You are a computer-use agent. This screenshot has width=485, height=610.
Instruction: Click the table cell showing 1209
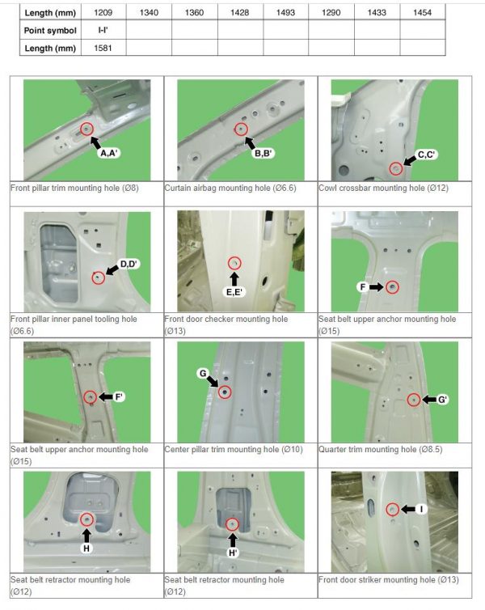tap(103, 13)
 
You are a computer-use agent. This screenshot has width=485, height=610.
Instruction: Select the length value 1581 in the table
tap(103, 47)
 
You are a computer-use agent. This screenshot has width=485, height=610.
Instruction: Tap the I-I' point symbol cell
tap(103, 30)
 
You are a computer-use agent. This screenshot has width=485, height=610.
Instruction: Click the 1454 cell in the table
tap(422, 13)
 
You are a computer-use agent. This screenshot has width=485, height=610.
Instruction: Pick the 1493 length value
tap(285, 13)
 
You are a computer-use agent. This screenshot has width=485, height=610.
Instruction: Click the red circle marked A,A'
tap(86, 129)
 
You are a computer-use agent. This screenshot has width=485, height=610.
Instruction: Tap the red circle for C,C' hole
tap(395, 168)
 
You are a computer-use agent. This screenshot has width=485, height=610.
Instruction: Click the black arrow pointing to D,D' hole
tap(112, 270)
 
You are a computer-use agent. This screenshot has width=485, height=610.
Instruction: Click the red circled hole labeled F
tap(392, 286)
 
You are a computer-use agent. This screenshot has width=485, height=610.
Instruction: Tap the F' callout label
tap(119, 396)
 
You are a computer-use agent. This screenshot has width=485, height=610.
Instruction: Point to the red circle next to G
tap(224, 392)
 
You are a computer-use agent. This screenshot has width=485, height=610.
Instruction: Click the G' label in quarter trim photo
tap(443, 400)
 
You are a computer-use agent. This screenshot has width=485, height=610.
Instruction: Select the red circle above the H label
tap(86, 519)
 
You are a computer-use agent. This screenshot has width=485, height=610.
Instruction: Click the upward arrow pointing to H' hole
tap(233, 539)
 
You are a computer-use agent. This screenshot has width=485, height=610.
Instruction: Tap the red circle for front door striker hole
tap(392, 509)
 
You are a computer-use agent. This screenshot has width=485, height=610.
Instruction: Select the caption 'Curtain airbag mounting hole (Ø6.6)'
tap(229, 188)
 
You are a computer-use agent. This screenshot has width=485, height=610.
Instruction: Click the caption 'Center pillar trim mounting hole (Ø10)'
tap(233, 449)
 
